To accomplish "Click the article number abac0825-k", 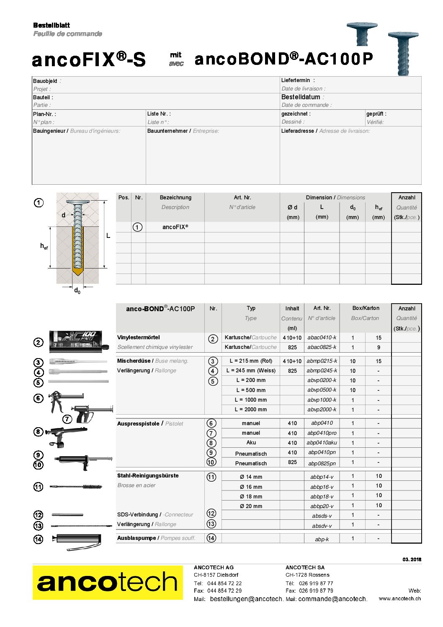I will [x=322, y=347].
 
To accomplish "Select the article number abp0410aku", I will [x=322, y=443].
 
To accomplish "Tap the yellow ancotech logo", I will [x=108, y=582].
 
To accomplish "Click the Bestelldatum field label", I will [x=301, y=97].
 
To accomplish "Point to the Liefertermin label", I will [x=296, y=80].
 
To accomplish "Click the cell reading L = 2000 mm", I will [x=250, y=410].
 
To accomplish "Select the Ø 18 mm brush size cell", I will [x=251, y=496].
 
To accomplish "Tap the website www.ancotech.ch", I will [x=399, y=599].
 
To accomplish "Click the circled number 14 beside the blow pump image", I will [x=38, y=539].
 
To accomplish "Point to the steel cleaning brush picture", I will [x=76, y=487].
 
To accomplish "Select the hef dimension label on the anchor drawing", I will [x=44, y=247].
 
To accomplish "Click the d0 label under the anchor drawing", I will [x=77, y=290].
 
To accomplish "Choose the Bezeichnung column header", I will [x=175, y=198].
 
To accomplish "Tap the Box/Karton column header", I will [x=366, y=308].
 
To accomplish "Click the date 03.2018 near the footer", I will [x=412, y=560].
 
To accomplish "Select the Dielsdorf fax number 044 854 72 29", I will [x=224, y=591].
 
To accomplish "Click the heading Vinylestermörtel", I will [x=138, y=338].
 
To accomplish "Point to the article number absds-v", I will [x=322, y=516].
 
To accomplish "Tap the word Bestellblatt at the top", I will [x=52, y=25].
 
